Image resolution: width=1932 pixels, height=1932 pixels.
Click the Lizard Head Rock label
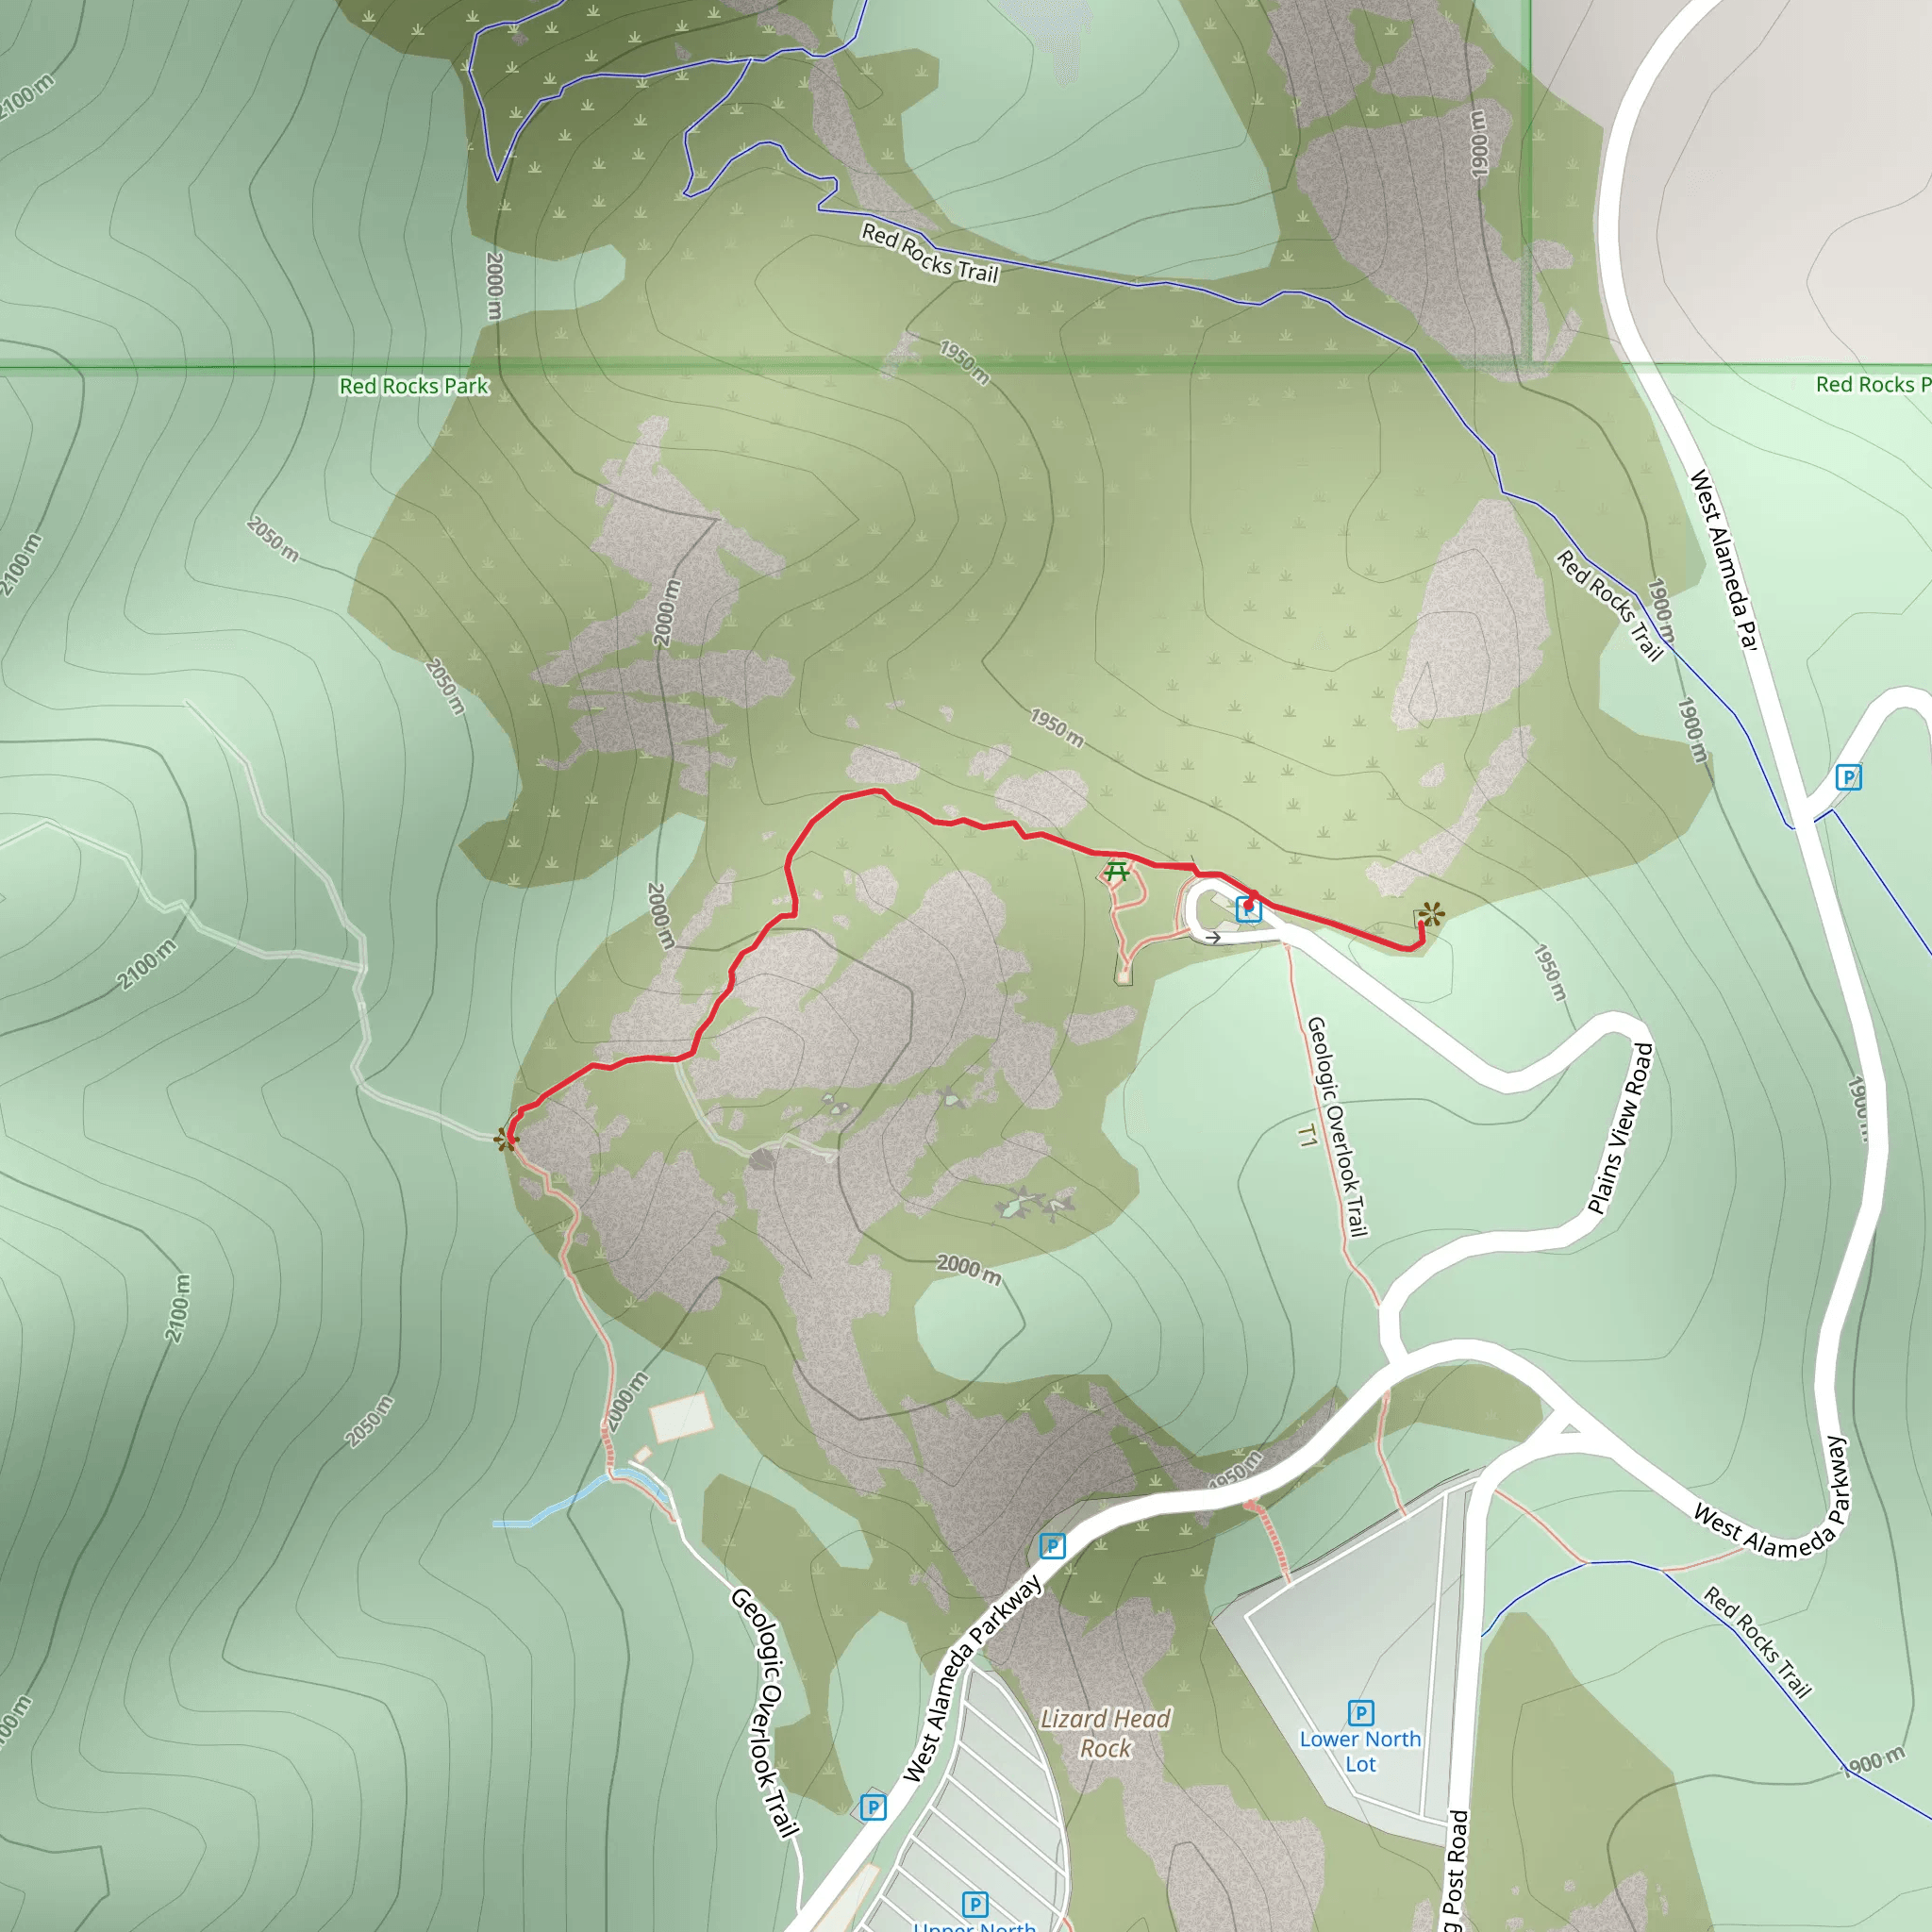click(1105, 1733)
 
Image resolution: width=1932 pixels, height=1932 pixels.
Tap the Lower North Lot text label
click(1360, 1751)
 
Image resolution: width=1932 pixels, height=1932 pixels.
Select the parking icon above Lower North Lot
click(1360, 1713)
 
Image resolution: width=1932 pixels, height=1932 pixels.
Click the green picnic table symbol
click(1117, 872)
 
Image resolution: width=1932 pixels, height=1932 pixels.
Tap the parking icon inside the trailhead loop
click(1248, 909)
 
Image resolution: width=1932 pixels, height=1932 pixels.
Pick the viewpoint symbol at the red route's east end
click(1431, 914)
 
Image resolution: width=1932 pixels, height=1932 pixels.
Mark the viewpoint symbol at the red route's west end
click(506, 1139)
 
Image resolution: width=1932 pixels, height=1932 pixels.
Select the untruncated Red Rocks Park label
click(414, 386)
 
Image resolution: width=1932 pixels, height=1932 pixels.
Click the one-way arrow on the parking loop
click(1212, 938)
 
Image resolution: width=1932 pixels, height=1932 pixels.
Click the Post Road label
click(1456, 1870)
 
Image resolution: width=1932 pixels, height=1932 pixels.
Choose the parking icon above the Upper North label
click(974, 1904)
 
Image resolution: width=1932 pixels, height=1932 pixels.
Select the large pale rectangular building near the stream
click(680, 1418)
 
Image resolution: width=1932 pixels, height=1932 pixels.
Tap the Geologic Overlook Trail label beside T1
click(1337, 1126)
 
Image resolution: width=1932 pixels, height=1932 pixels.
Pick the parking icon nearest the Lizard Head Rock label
click(1052, 1546)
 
